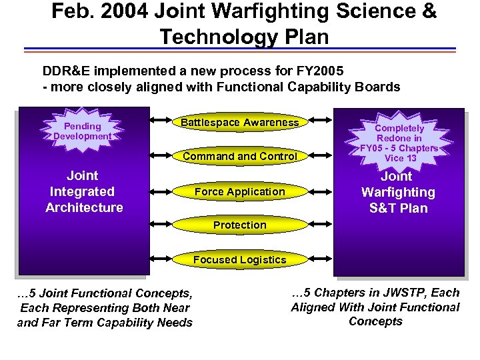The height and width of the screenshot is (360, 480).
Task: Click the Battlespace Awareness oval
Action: pyautogui.click(x=240, y=123)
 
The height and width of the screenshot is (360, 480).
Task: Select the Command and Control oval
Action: pyautogui.click(x=240, y=157)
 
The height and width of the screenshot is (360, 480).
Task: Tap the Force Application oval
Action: pyautogui.click(x=240, y=192)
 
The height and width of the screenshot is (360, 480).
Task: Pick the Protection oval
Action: pyautogui.click(x=240, y=225)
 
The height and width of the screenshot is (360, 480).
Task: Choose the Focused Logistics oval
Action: pyautogui.click(x=240, y=260)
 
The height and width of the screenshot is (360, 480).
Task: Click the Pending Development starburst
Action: pyautogui.click(x=83, y=131)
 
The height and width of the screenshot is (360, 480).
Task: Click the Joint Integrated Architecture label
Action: pyautogui.click(x=84, y=192)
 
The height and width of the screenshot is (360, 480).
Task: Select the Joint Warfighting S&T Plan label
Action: pyautogui.click(x=399, y=193)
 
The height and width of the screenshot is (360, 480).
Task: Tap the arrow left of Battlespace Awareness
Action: pyautogui.click(x=163, y=121)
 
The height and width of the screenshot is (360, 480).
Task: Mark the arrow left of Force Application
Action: pyautogui.click(x=163, y=191)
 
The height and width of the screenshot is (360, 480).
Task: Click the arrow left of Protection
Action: pyautogui.click(x=163, y=225)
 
